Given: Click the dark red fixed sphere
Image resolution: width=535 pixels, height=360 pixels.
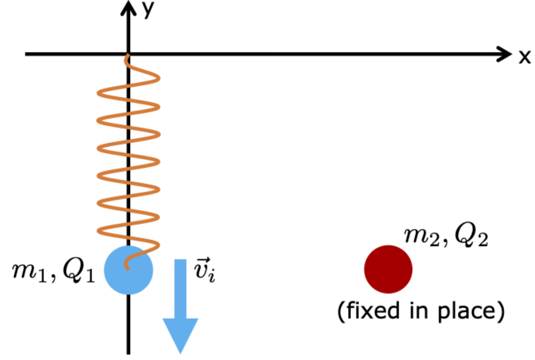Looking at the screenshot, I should (x=388, y=270).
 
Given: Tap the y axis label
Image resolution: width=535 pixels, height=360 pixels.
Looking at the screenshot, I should (x=148, y=9).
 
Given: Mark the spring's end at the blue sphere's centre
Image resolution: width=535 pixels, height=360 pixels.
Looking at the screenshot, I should (x=126, y=267).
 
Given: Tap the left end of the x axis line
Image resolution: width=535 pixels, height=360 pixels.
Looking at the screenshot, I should (x=26, y=54).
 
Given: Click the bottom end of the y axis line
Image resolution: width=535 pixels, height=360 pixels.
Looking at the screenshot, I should (x=129, y=353).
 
